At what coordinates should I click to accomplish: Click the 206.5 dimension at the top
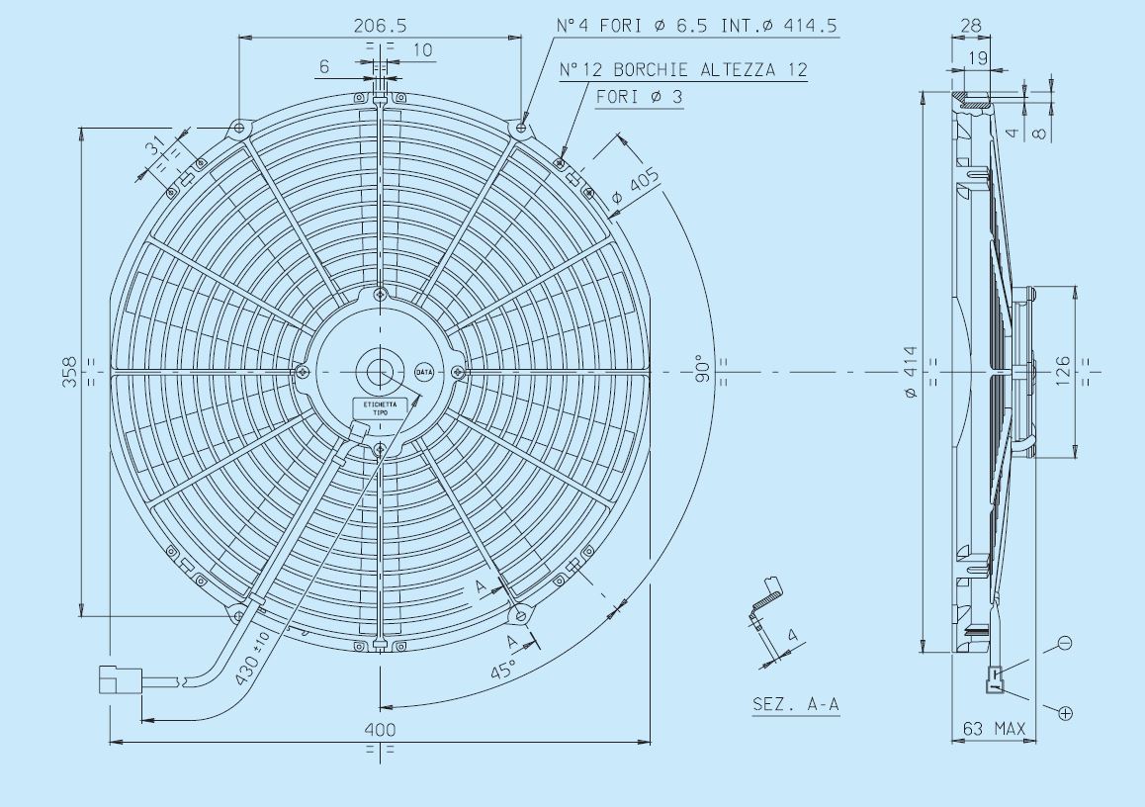(380, 26)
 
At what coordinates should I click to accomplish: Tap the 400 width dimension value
(380, 729)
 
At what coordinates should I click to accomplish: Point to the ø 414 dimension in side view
(910, 372)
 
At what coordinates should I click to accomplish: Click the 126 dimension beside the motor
(1063, 372)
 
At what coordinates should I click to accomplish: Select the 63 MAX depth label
(995, 730)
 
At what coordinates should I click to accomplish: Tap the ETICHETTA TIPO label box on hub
(380, 408)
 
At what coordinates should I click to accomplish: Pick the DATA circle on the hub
(424, 372)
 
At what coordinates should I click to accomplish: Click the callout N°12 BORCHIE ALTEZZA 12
(683, 70)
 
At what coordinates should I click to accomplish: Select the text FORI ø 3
(639, 97)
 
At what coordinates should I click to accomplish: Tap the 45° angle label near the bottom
(503, 671)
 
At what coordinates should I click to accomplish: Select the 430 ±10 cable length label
(251, 657)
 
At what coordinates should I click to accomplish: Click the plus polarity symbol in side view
(1065, 712)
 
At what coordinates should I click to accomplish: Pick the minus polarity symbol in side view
(1064, 643)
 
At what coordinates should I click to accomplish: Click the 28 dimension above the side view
(970, 26)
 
